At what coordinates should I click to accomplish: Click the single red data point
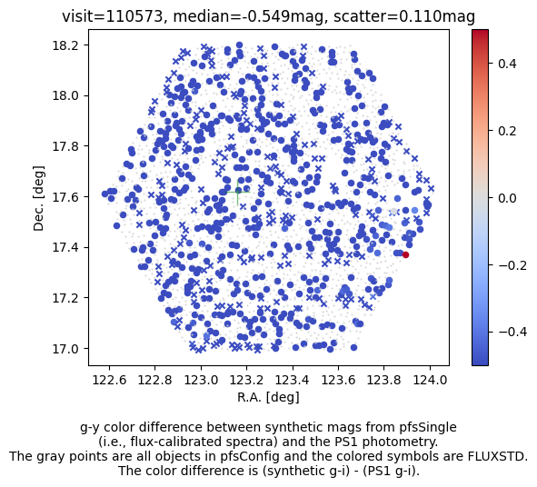click(405, 254)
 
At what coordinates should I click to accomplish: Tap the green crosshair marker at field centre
click(238, 192)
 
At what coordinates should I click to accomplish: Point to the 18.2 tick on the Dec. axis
click(87, 45)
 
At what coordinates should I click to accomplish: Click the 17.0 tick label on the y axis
click(65, 349)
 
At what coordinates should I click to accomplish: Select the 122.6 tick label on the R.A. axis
click(109, 380)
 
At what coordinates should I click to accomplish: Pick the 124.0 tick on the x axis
click(430, 367)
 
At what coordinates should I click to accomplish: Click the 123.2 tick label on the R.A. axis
click(246, 380)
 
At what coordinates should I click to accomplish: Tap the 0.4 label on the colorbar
click(507, 64)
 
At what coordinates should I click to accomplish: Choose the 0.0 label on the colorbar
click(507, 197)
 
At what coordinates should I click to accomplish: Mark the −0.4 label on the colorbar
click(512, 332)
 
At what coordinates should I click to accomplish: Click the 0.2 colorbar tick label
click(507, 131)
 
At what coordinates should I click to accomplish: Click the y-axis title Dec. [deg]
click(39, 198)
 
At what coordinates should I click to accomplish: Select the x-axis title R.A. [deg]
click(269, 397)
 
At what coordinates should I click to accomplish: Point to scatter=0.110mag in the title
click(404, 16)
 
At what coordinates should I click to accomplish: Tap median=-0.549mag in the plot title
click(248, 16)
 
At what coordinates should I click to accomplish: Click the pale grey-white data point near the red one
click(393, 212)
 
